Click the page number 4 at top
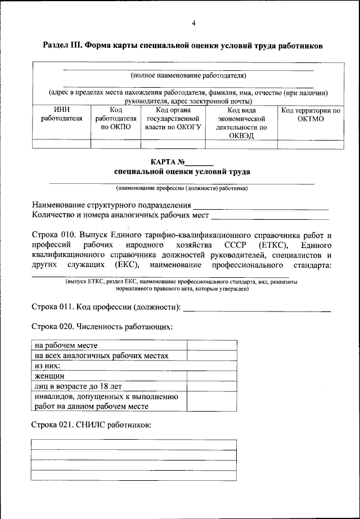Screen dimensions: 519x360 [193, 23]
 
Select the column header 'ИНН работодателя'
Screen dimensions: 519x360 [62, 114]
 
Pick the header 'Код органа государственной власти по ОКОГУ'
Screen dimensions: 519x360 [173, 119]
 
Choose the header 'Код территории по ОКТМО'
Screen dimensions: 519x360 [310, 114]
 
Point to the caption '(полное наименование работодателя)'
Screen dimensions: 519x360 [188, 75]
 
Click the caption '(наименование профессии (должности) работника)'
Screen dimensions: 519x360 [182, 188]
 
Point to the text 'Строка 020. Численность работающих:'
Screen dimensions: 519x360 [101, 326]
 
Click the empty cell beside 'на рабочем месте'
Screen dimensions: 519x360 [211, 345]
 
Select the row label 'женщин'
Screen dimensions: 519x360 [49, 376]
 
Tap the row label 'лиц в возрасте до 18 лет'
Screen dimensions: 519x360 [77, 386]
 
